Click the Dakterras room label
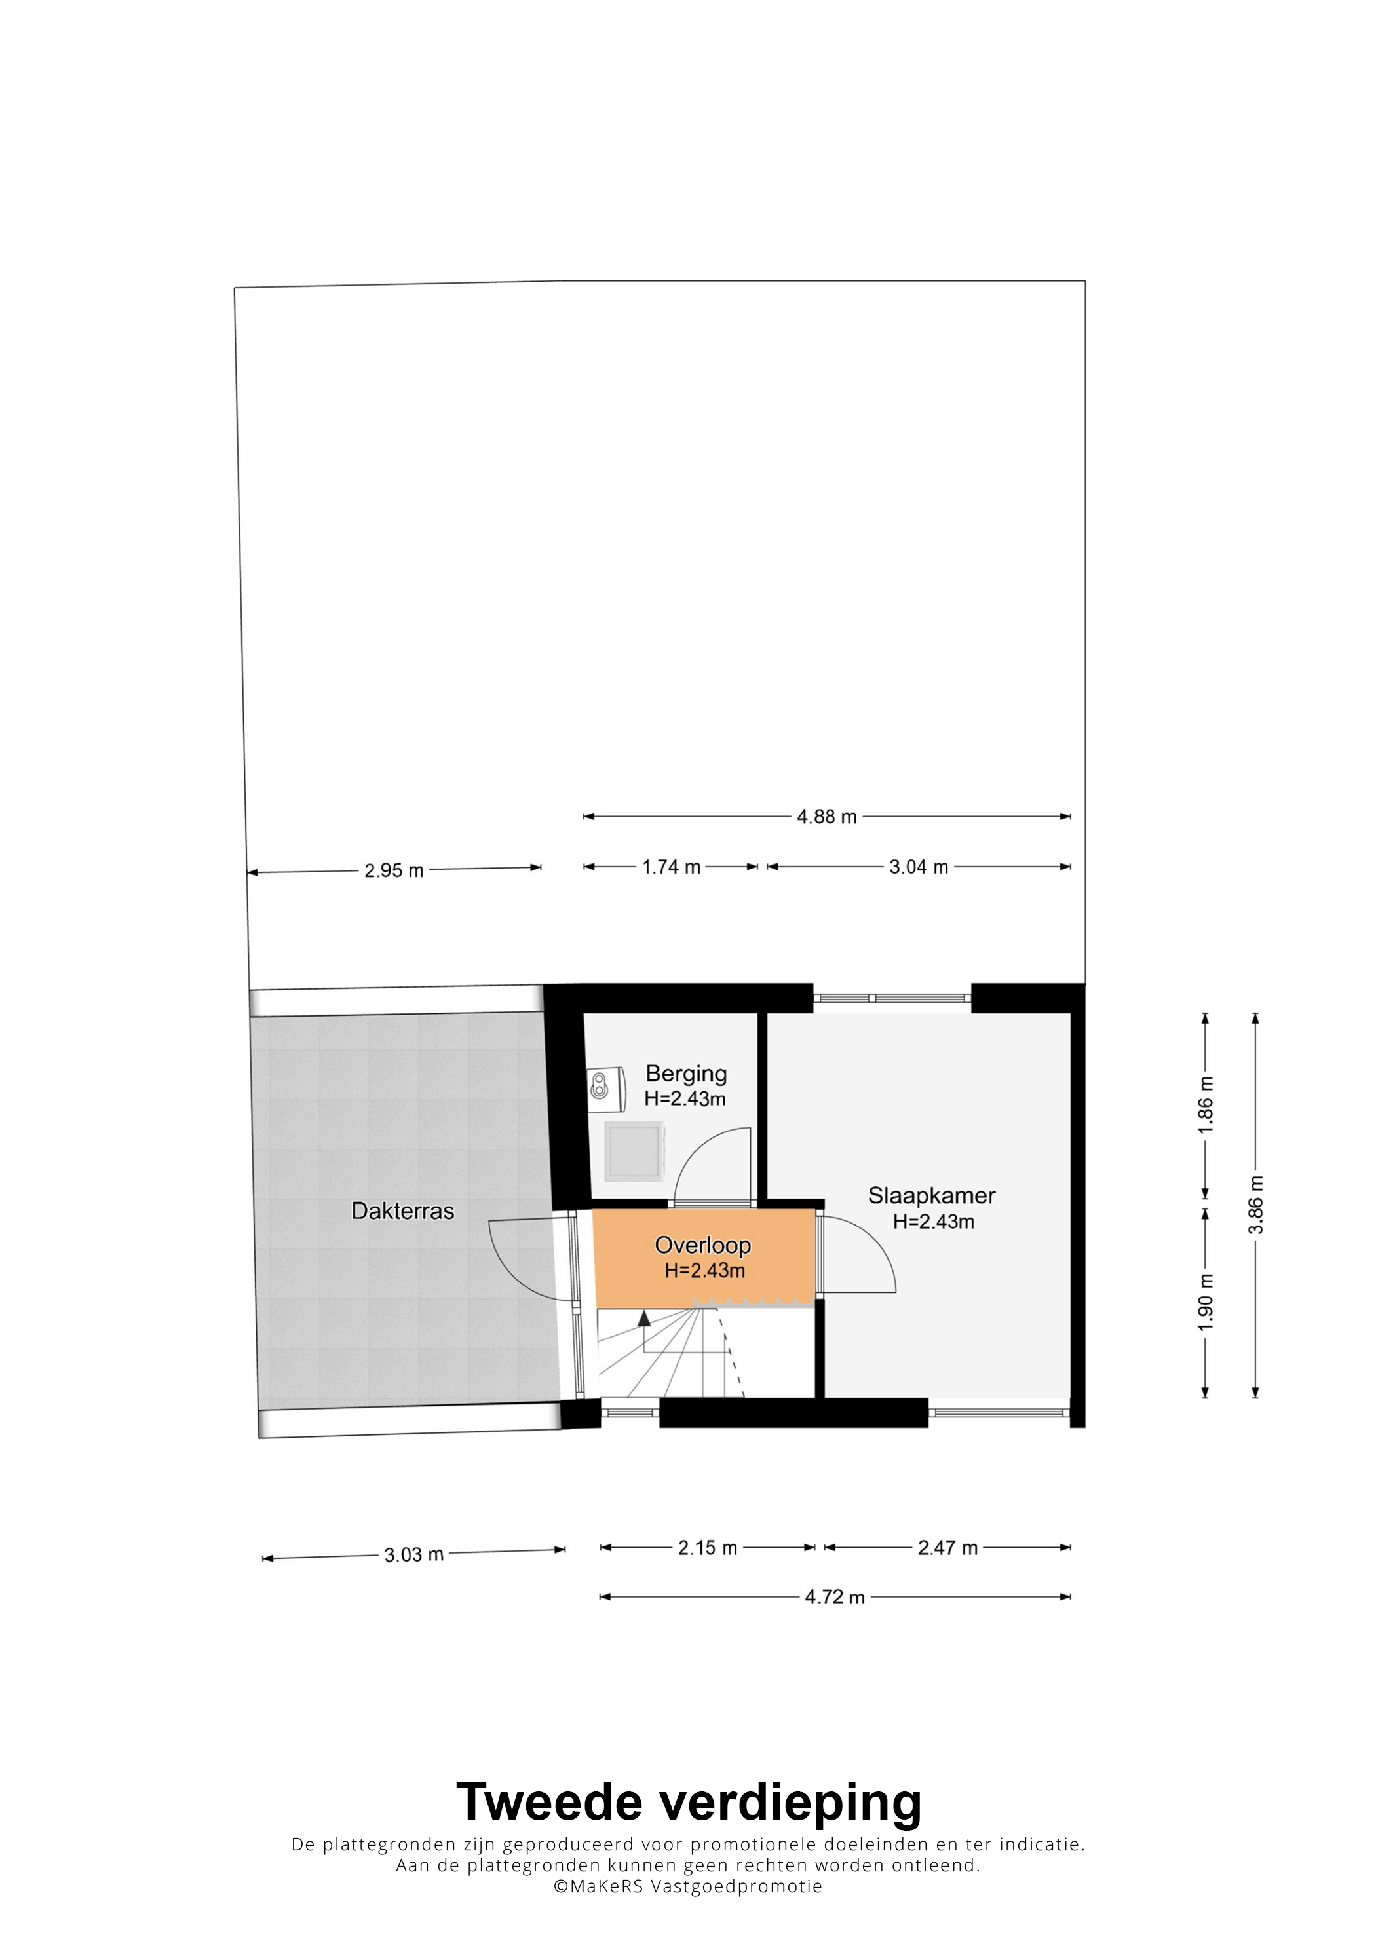point(403,1210)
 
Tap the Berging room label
point(686,1073)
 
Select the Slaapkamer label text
point(932,1196)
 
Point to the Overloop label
point(703,1245)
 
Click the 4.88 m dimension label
point(827,817)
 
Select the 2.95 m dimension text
point(394,870)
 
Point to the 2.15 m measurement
point(707,1548)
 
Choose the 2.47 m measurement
point(948,1548)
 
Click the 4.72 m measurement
point(835,1597)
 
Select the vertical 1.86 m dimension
point(1206,1105)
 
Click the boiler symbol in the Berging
point(605,1085)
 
